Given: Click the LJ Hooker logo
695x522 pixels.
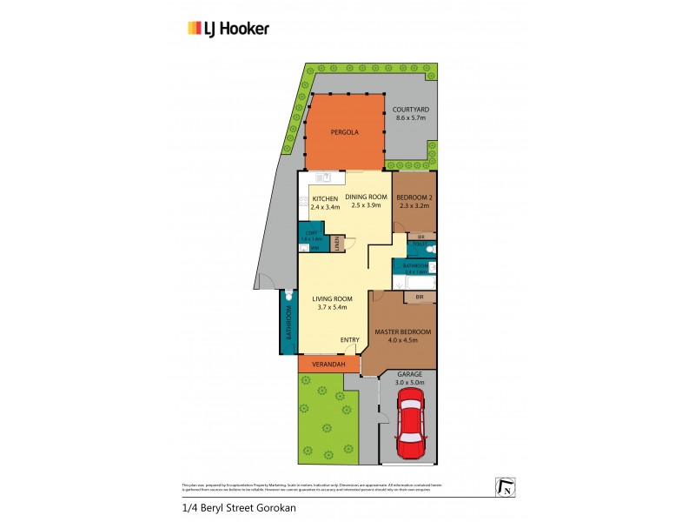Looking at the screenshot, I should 228,29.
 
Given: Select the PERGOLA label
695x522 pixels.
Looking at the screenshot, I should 344,133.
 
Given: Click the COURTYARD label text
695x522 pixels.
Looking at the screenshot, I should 412,110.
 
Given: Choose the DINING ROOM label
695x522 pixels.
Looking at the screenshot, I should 366,196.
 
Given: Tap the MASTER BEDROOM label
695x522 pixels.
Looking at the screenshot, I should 402,331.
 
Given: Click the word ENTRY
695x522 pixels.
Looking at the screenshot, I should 349,339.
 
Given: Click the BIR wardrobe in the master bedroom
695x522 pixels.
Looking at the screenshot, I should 419,298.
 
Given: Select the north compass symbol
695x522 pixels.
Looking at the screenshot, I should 503,488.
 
